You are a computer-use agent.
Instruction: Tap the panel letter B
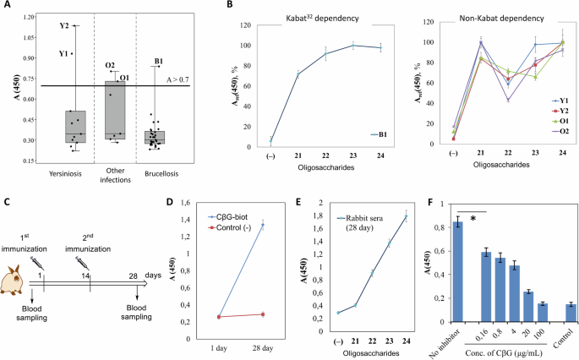pyautogui.click(x=206, y=8)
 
